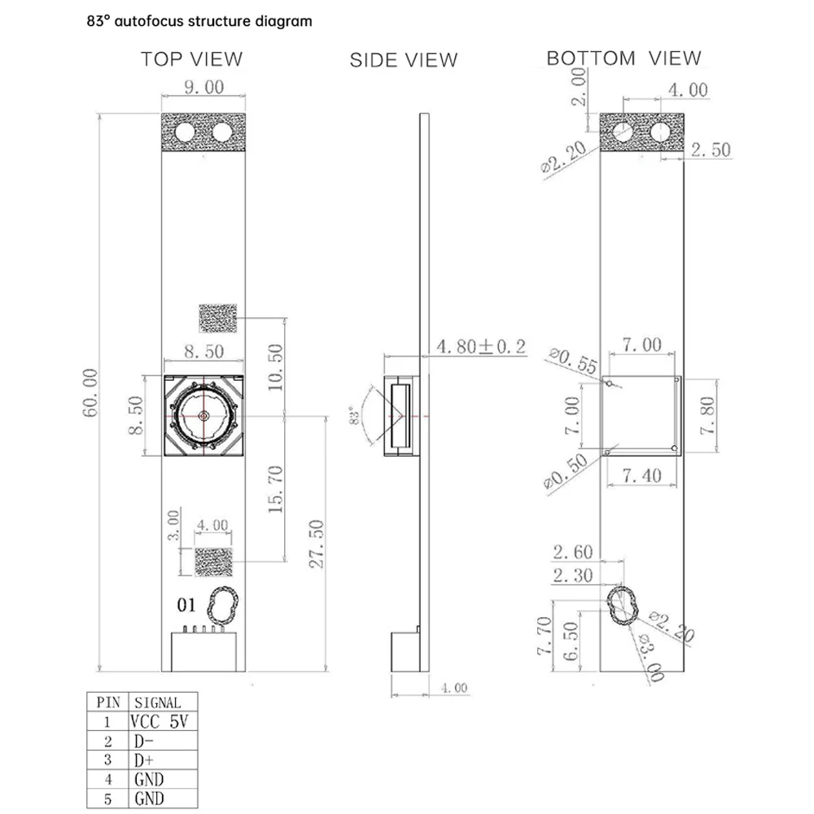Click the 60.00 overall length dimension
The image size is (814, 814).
tap(90, 393)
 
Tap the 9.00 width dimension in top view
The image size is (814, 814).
tap(204, 87)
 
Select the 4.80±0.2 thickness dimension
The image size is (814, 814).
tap(481, 346)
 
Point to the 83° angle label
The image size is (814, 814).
tap(355, 416)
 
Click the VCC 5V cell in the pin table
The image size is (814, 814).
tap(160, 721)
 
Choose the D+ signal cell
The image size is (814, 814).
tap(144, 760)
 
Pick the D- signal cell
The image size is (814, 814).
tap(144, 741)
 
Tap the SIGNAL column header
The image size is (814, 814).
tap(158, 702)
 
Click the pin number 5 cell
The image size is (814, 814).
tap(108, 799)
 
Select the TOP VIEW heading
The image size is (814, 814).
tap(191, 59)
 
